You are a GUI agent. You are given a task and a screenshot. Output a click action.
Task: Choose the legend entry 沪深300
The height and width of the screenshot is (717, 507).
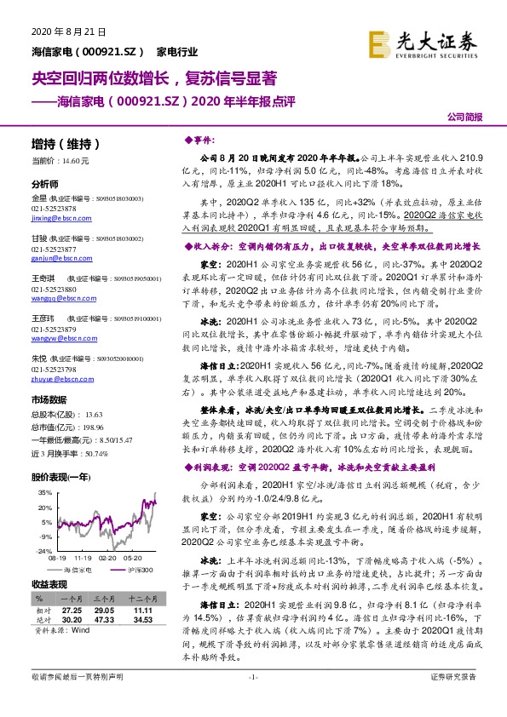click(x=139, y=546)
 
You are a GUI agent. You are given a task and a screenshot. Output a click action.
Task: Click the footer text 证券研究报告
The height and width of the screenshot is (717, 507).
click(x=453, y=700)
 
